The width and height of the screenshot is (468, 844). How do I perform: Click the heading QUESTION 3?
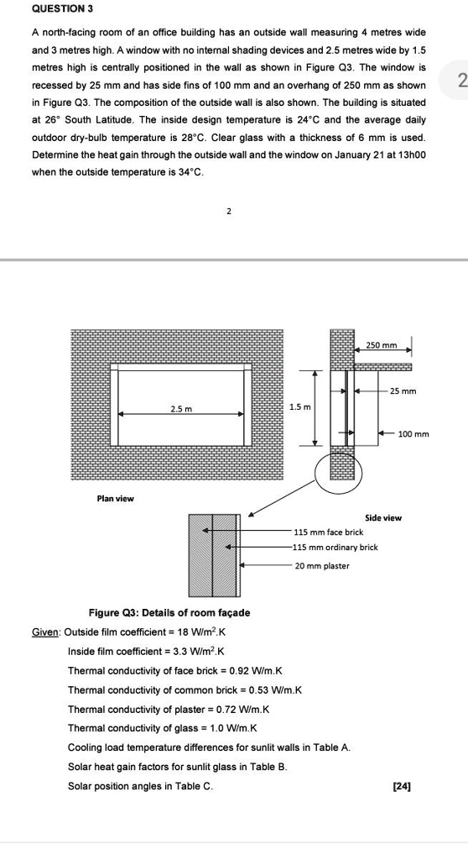tap(62, 8)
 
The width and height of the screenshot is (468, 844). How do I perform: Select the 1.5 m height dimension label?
tap(300, 407)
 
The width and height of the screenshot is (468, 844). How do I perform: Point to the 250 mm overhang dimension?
tap(382, 345)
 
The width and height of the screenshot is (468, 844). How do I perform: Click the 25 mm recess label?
tap(403, 391)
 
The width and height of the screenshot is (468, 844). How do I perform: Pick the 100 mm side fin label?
tap(413, 434)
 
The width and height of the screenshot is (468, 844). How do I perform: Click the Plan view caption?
tap(115, 499)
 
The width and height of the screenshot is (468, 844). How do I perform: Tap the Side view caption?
tap(383, 518)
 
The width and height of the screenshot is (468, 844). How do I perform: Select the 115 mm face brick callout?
tap(328, 532)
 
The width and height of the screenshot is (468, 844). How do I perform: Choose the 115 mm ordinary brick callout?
tap(335, 548)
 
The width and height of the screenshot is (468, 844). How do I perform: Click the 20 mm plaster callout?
tap(322, 566)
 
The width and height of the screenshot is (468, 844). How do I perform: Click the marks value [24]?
tap(401, 785)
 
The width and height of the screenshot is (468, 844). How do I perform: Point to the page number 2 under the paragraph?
tap(228, 211)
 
